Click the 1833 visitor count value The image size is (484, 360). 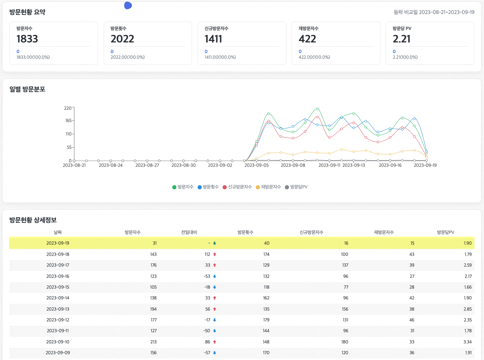click(27, 39)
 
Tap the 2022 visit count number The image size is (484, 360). click(122, 39)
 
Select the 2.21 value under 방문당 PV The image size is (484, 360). click(402, 39)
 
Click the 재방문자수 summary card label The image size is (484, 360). click(308, 28)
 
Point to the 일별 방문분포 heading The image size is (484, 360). click(27, 89)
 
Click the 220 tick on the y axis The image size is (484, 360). click(67, 108)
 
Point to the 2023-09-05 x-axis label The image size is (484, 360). click(257, 165)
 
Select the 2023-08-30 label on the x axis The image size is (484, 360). click(183, 165)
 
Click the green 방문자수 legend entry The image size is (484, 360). click(183, 187)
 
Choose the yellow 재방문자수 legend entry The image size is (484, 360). click(268, 187)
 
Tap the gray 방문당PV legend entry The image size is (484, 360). click(296, 187)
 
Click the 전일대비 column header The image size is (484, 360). click(189, 232)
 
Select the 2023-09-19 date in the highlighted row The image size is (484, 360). click(58, 243)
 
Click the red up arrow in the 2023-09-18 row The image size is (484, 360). click(215, 255)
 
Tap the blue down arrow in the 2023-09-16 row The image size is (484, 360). click(215, 277)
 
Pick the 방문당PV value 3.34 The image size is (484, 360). click(468, 342)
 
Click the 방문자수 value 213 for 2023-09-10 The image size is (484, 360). click(153, 342)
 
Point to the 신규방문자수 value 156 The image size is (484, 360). click(345, 309)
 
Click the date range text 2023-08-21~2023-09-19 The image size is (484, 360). click(446, 12)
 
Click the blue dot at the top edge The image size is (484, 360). click(128, 5)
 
